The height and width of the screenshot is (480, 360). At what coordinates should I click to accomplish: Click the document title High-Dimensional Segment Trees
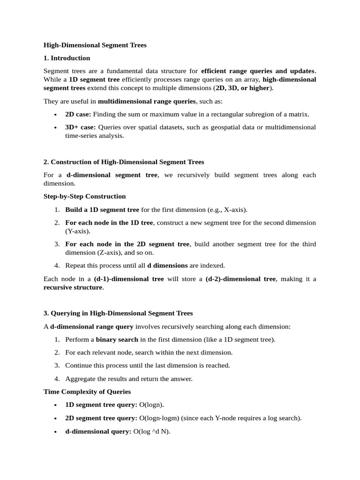(95, 45)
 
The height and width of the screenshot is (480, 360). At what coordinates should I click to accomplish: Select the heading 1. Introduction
(67, 58)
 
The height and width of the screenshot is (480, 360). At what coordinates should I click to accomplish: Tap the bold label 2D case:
(78, 114)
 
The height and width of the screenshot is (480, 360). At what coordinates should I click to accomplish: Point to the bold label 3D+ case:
(81, 127)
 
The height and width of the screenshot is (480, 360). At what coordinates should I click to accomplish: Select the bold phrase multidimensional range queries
(146, 101)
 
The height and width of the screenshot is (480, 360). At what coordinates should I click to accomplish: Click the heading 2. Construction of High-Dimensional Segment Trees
(124, 162)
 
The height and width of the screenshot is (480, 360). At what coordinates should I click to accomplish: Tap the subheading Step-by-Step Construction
(84, 196)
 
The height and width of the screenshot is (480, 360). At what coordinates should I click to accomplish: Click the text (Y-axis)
(77, 231)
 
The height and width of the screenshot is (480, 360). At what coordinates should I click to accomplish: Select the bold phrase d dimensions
(167, 265)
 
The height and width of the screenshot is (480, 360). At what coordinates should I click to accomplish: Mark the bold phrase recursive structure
(73, 287)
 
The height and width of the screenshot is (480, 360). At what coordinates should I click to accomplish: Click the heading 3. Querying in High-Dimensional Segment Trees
(118, 313)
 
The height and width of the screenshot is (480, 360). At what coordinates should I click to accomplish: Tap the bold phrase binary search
(117, 339)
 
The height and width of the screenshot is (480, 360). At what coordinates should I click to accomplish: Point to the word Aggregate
(80, 378)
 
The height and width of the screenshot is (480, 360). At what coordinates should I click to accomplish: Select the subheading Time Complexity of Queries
(87, 391)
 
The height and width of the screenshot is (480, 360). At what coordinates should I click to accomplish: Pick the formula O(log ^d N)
(152, 431)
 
